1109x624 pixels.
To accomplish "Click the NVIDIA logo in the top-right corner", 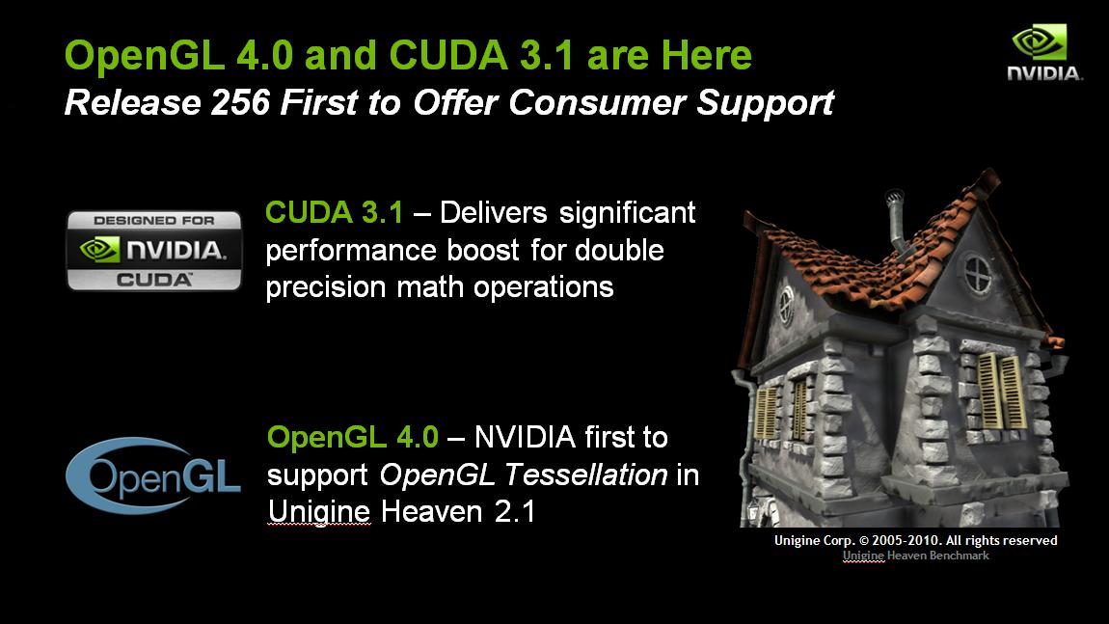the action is [1044, 52].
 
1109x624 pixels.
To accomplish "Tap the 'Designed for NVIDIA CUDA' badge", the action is [154, 251].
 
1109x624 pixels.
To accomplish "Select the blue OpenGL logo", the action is [152, 475].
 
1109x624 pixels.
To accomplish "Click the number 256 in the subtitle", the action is [240, 102].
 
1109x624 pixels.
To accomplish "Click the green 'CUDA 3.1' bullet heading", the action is [334, 212].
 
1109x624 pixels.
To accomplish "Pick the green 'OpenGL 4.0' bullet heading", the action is [353, 437].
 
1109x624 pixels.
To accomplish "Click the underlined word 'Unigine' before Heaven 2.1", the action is [319, 512].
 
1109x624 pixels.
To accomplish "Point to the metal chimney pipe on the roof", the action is [897, 219].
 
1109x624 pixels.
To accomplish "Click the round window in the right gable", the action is [978, 273].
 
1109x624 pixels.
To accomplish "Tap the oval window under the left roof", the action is [785, 305].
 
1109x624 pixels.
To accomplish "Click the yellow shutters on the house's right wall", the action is [1001, 391].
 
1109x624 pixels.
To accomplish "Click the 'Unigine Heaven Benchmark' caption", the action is [916, 556].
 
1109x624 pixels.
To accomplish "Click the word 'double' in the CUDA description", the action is [619, 250].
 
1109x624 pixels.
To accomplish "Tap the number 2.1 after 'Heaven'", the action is [515, 512].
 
